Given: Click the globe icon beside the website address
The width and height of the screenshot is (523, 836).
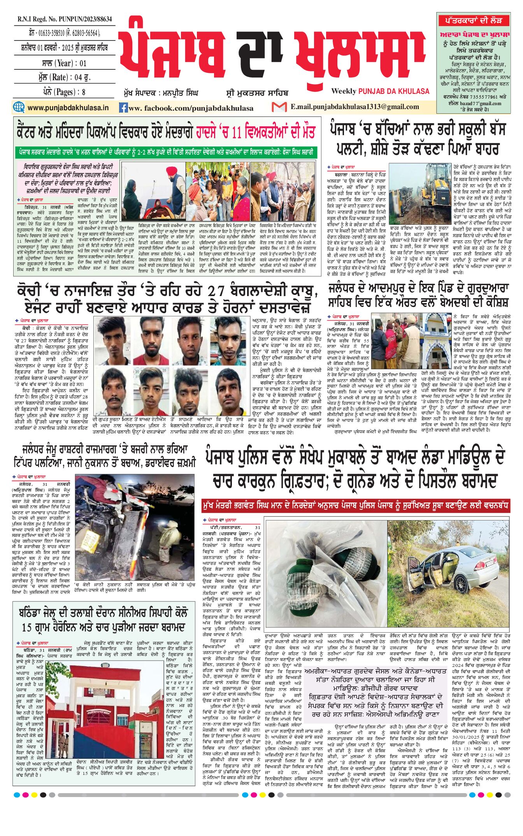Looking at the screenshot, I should pyautogui.click(x=19, y=107).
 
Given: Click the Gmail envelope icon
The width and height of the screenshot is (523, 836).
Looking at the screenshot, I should pyautogui.click(x=279, y=107).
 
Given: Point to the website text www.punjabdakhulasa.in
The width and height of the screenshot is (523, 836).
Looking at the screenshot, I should pyautogui.click(x=68, y=108).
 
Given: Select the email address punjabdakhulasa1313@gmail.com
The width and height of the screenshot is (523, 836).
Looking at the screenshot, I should pyautogui.click(x=355, y=107).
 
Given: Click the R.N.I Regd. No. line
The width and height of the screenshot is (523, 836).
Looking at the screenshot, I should pyautogui.click(x=64, y=19).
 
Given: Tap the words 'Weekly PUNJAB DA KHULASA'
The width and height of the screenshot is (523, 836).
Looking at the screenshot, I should pyautogui.click(x=380, y=91).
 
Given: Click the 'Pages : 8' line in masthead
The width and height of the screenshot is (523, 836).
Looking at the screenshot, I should pyautogui.click(x=64, y=92).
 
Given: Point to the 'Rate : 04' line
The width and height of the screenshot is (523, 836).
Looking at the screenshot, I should pyautogui.click(x=64, y=77).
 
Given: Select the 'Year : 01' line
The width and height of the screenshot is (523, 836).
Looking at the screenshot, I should pyautogui.click(x=64, y=63).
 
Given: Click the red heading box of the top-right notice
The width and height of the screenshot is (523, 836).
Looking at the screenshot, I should pyautogui.click(x=473, y=20).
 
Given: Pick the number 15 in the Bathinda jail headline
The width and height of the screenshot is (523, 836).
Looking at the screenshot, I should pyautogui.click(x=26, y=628).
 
